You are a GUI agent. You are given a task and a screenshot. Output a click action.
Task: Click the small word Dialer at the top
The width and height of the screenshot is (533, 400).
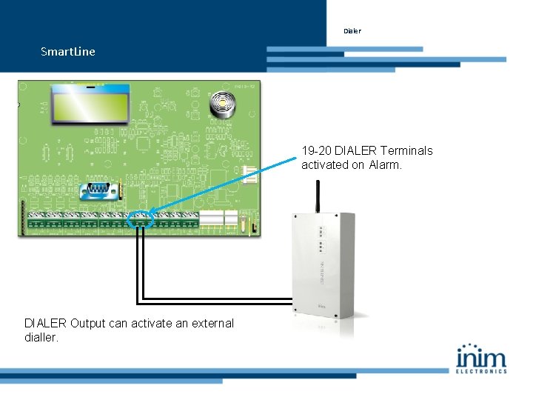[352, 31]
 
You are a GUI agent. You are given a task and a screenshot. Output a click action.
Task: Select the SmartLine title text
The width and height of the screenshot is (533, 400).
[68, 52]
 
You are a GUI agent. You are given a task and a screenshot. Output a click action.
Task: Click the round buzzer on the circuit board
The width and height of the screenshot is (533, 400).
[221, 105]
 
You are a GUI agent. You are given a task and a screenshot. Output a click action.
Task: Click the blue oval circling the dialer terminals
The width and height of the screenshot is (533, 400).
[140, 220]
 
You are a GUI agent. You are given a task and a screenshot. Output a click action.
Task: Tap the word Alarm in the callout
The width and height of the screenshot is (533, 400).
[386, 165]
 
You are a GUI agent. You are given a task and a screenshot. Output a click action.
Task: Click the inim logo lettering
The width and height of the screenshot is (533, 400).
[481, 358]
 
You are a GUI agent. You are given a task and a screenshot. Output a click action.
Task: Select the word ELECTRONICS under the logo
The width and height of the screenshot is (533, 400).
[481, 370]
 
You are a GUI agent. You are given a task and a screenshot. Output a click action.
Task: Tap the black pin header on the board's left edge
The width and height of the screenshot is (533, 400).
[24, 216]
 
